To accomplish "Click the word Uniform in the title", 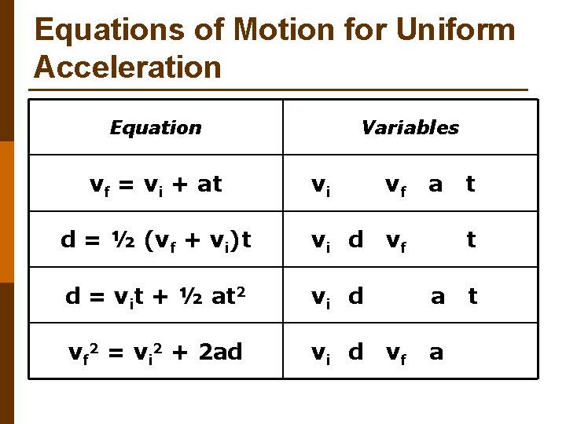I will point(457,31).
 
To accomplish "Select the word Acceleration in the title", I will point(128,68).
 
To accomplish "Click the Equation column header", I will point(156,127).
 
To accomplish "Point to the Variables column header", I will point(410,127).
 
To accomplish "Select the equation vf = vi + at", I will point(156,185).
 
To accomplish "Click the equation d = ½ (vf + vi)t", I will point(156,240).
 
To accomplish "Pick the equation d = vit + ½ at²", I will point(156,297).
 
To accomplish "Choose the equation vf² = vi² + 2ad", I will point(156,353).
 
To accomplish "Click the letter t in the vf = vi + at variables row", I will point(470,184).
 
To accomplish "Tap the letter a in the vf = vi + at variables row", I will point(435,185).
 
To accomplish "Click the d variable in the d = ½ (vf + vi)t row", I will point(356,239).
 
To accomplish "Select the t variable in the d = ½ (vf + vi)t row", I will point(471,239).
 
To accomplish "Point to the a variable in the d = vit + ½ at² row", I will point(438,297).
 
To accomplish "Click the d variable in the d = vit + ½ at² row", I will point(356,296).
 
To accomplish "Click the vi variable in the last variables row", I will point(320,353).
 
